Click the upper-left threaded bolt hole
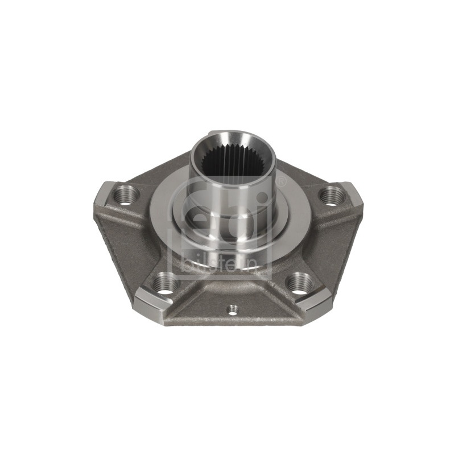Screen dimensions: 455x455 pos(125,196)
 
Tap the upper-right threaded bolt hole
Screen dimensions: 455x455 pos(331,196)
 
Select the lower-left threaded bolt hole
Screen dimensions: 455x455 pos(165,283)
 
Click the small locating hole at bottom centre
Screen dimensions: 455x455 pos(232,309)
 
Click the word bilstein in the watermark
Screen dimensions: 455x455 pos(220,264)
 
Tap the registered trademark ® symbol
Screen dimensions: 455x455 pos(281,181)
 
